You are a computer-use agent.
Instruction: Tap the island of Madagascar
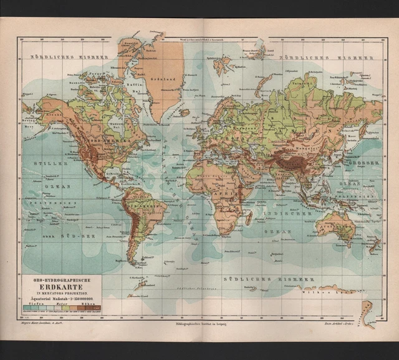pos(248,217)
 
